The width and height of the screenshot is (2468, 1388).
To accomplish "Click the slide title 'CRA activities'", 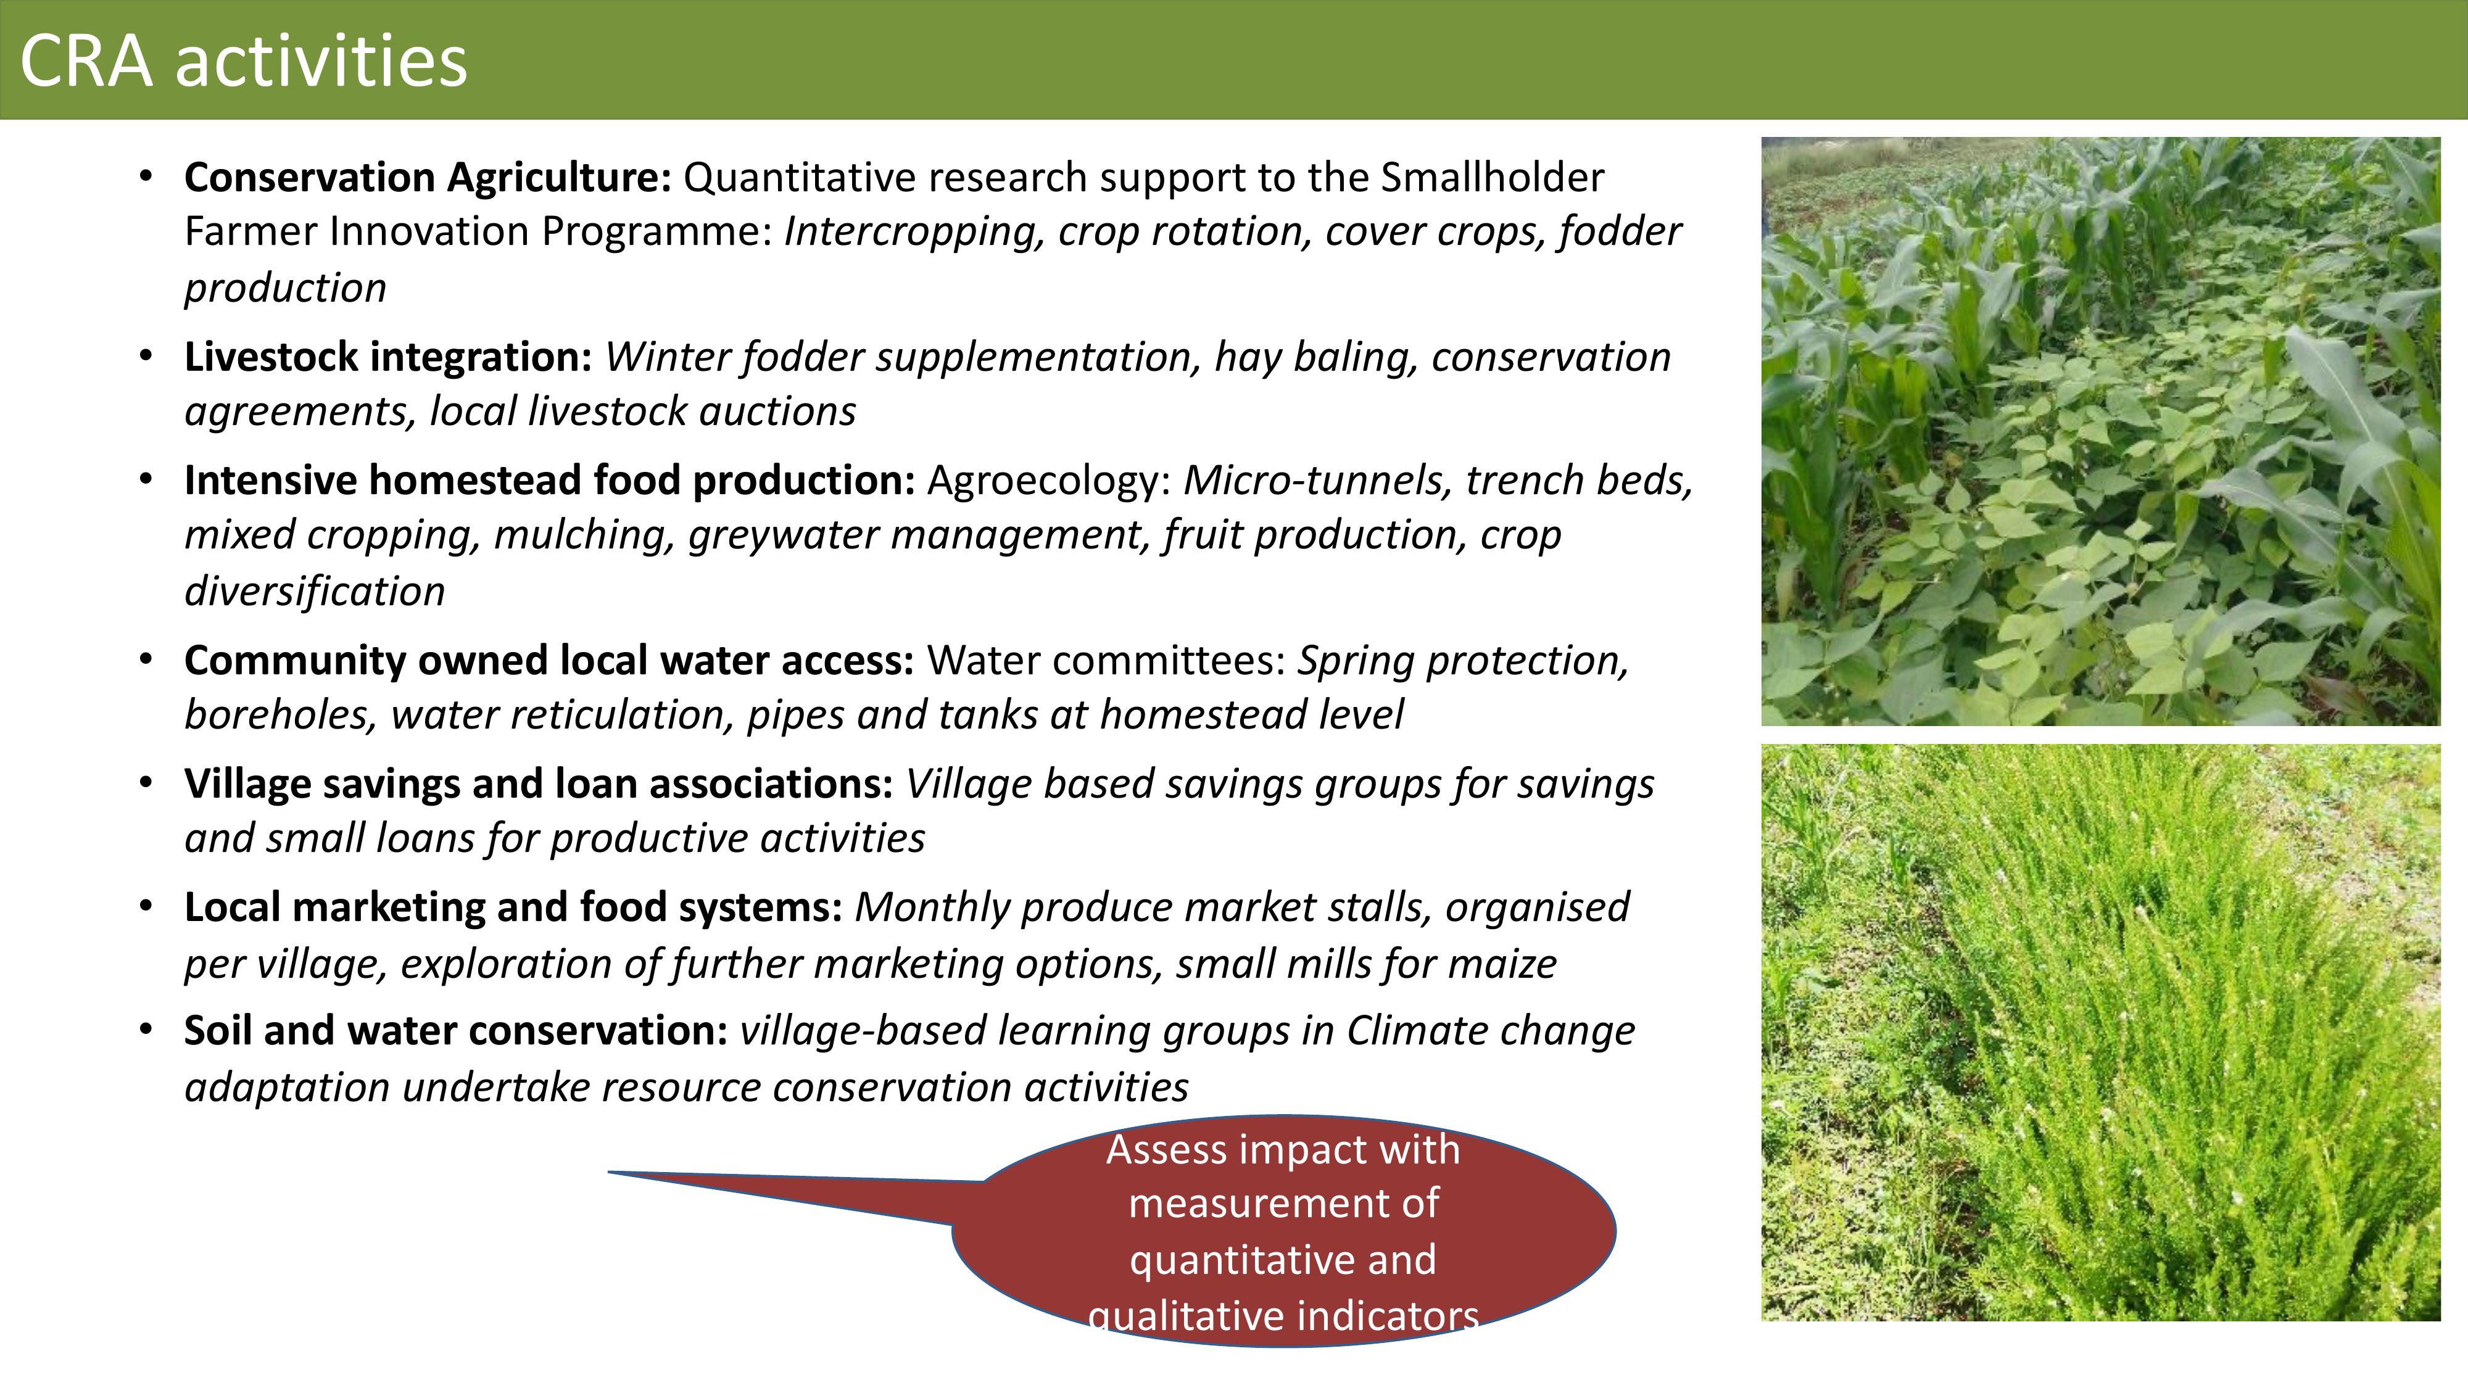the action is [x=243, y=60].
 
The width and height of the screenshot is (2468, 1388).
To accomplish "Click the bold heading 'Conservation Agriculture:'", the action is [x=428, y=177].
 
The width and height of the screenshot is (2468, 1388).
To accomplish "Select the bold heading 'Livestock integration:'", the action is [x=388, y=357].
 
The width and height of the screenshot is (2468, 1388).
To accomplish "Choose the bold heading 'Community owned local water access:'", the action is [x=549, y=661].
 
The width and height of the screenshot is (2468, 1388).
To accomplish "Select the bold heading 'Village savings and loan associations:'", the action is [x=539, y=783].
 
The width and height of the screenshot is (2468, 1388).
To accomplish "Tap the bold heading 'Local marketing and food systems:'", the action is [x=513, y=907].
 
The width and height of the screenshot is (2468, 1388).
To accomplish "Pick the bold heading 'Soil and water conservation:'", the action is [x=456, y=1031].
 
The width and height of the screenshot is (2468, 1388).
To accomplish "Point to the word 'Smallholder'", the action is [x=1493, y=177].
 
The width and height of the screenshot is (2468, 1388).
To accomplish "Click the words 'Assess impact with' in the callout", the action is [x=1283, y=1149].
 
